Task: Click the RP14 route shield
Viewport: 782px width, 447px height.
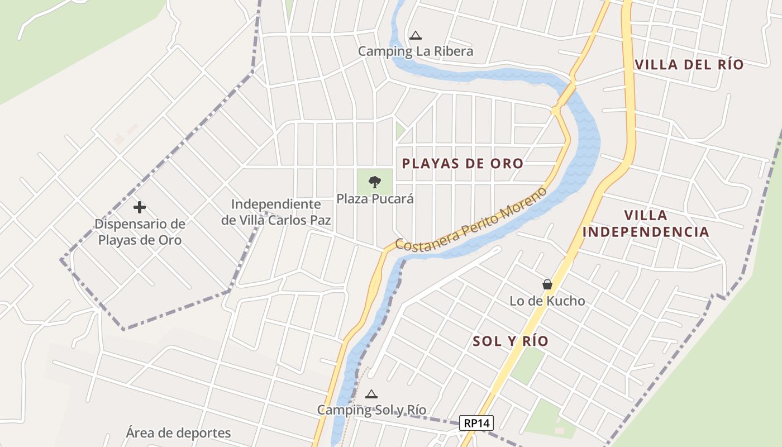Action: (x=476, y=423)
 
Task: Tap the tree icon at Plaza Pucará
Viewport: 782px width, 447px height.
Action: (x=375, y=181)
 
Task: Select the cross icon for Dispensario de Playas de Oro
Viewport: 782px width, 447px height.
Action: (x=140, y=207)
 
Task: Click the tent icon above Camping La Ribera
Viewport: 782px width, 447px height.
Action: (x=415, y=36)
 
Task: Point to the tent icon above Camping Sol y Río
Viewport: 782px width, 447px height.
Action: (x=371, y=394)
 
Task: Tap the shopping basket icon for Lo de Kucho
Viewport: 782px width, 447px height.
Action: (x=547, y=284)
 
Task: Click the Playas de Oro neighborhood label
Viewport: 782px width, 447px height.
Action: (x=462, y=164)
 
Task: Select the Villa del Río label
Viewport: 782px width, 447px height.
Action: (x=689, y=65)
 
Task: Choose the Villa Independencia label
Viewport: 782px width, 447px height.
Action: (x=646, y=223)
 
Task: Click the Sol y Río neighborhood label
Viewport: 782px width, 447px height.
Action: (x=511, y=341)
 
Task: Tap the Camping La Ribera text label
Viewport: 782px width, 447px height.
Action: (x=415, y=51)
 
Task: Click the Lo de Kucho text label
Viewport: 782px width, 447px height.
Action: (x=547, y=301)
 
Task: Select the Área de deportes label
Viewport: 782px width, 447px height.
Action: (x=178, y=433)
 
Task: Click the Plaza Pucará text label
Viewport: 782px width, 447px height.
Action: (x=375, y=198)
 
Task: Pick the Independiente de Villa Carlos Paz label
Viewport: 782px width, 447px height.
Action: (x=276, y=212)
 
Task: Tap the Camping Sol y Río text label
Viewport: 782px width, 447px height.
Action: (x=371, y=410)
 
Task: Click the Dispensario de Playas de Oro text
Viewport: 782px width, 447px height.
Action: (x=140, y=232)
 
